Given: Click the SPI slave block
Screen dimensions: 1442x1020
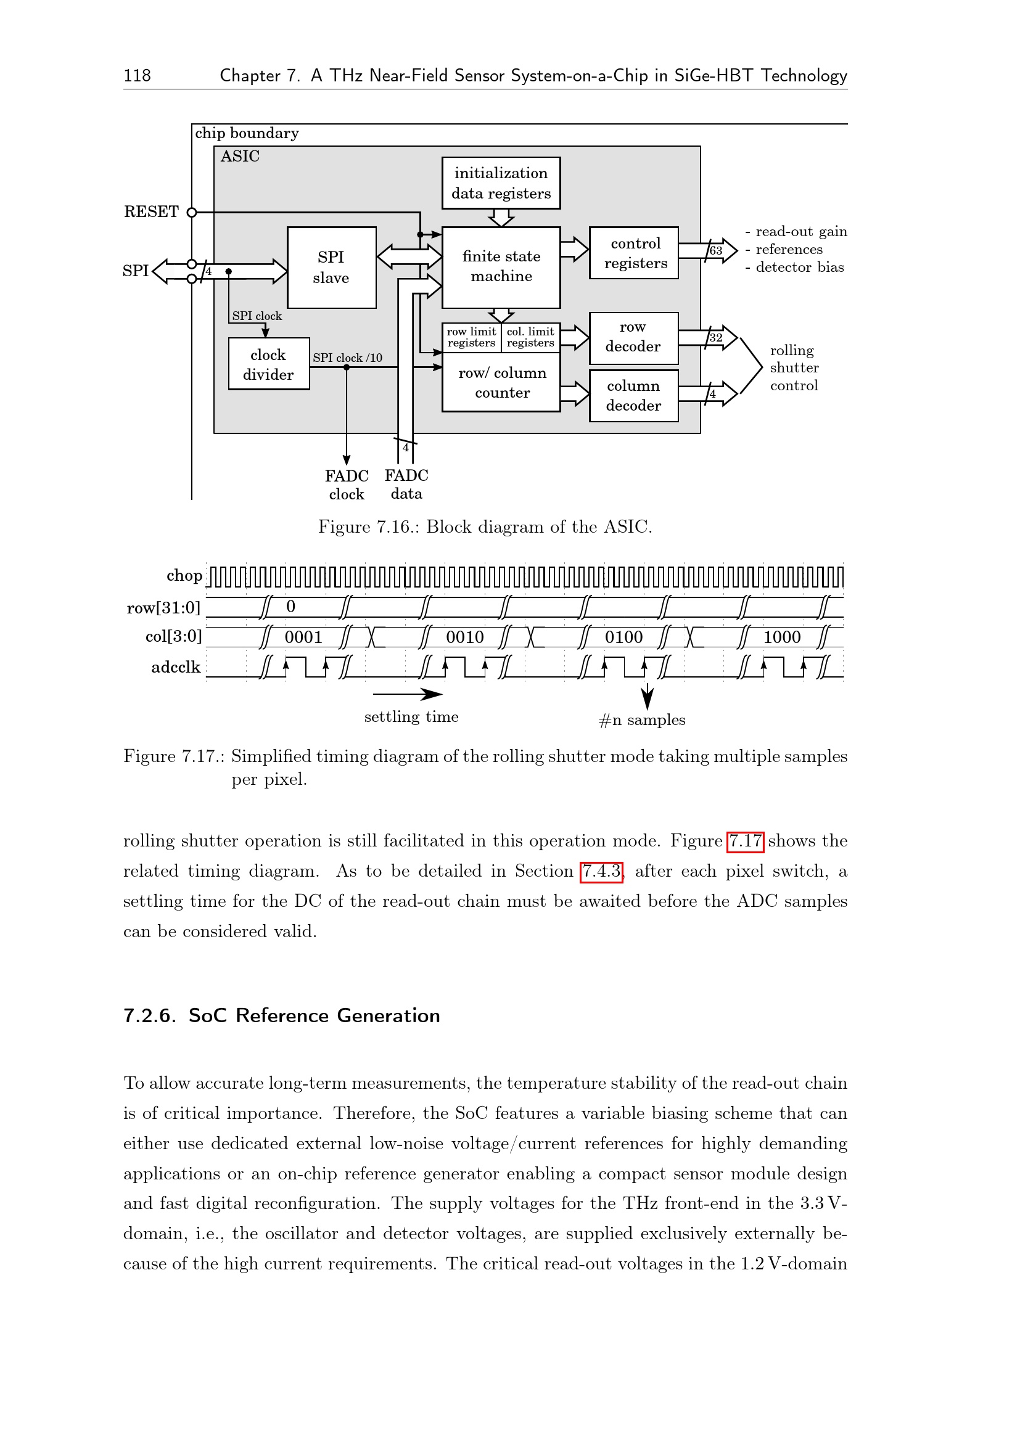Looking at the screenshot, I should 331,268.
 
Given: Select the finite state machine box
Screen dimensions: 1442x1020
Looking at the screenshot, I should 501,267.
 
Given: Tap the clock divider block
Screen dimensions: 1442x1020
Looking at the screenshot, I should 268,364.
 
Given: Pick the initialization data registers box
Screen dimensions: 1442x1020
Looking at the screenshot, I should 501,182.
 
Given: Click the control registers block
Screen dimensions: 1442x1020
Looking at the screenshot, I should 634,253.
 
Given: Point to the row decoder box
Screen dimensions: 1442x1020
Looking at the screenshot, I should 633,338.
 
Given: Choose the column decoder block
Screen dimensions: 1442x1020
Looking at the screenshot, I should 633,396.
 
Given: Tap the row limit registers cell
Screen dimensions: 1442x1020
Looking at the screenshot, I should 471,337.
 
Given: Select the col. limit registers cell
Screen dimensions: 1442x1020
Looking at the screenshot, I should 530,337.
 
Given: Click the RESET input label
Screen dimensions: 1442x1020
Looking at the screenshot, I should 151,211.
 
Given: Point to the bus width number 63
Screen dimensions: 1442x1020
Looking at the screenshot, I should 715,250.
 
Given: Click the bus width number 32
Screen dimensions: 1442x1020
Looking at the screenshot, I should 715,338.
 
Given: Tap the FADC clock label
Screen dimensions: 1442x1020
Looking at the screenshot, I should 346,485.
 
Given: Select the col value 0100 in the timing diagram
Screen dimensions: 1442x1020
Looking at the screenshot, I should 623,637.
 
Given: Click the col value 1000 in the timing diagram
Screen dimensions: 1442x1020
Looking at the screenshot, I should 781,637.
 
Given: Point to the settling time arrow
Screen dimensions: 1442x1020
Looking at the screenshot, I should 408,694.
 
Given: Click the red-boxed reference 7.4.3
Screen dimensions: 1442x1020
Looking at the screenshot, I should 601,872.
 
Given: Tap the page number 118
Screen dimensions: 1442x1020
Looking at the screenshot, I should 137,76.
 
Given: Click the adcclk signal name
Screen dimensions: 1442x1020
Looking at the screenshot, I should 175,667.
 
